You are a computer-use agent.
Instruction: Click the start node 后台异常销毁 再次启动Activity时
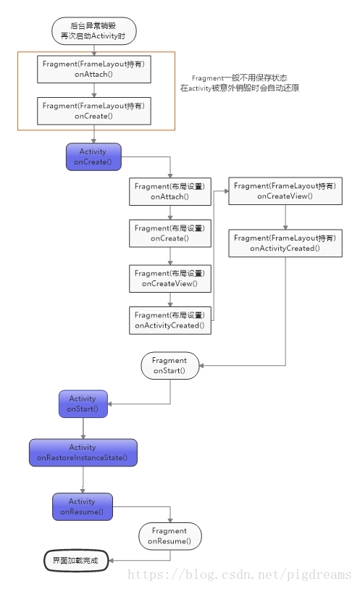tap(94, 30)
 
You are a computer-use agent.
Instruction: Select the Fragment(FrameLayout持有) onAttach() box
tap(94, 69)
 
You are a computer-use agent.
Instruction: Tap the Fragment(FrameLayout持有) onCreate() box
tap(94, 110)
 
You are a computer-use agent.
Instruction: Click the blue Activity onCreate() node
tap(93, 157)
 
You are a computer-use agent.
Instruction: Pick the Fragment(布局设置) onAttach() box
tap(169, 191)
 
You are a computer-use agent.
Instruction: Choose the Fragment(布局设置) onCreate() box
tap(169, 233)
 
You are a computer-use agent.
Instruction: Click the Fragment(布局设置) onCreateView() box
tap(169, 278)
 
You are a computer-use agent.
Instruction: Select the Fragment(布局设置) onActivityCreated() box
tap(169, 320)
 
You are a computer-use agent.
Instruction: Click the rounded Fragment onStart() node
tap(169, 365)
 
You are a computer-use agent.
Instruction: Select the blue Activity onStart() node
tap(83, 404)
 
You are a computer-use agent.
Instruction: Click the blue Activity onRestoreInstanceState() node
tap(83, 452)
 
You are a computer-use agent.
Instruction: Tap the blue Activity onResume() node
tap(83, 506)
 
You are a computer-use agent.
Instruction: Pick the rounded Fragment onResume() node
tap(169, 536)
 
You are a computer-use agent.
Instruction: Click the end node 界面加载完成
tap(75, 560)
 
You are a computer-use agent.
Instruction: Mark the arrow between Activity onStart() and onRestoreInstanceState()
tap(83, 428)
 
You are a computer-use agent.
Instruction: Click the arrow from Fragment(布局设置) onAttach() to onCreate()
tap(169, 212)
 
